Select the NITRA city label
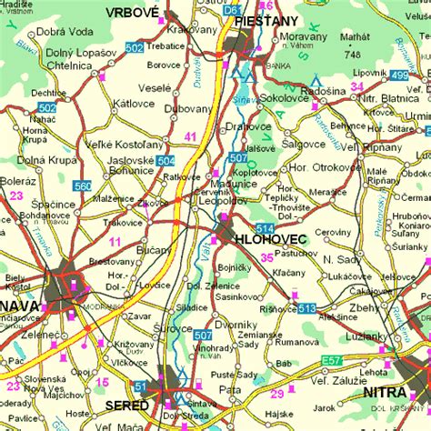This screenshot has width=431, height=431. click(384, 392)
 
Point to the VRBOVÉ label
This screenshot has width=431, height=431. click(132, 12)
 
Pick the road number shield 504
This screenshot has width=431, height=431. click(165, 161)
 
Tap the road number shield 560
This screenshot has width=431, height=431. click(83, 185)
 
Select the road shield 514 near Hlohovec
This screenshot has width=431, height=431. click(265, 227)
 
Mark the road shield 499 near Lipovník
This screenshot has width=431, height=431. click(401, 75)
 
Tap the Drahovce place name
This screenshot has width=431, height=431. click(248, 126)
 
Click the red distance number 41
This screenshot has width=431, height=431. click(190, 136)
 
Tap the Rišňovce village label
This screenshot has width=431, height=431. click(278, 308)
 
